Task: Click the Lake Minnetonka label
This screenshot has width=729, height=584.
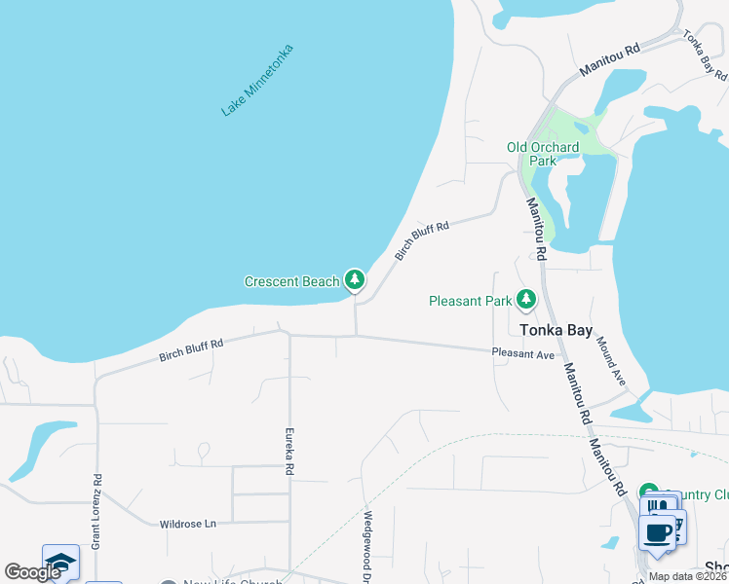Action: pos(257,80)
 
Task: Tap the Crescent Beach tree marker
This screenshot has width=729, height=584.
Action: pos(355,281)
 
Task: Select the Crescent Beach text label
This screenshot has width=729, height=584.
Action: pos(291,282)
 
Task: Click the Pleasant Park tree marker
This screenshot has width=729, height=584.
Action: pos(526,300)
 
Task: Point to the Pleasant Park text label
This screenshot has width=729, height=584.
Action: pos(471,301)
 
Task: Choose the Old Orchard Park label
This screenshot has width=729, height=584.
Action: pos(543,154)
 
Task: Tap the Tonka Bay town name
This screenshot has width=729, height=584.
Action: pos(556,330)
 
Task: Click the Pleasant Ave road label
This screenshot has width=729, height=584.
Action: pos(523,353)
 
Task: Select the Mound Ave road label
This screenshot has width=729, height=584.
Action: pos(611,358)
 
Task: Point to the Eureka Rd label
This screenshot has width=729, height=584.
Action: pos(289,453)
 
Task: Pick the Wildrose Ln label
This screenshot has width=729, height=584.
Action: pos(188,524)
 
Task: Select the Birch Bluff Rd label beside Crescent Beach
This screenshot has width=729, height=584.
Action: pos(422,240)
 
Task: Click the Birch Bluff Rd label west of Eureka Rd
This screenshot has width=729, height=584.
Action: pos(191,350)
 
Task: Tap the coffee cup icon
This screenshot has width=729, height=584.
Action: pos(658,532)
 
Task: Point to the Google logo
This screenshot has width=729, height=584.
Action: pos(32,572)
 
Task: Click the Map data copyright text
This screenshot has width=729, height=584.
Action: pos(686,576)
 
